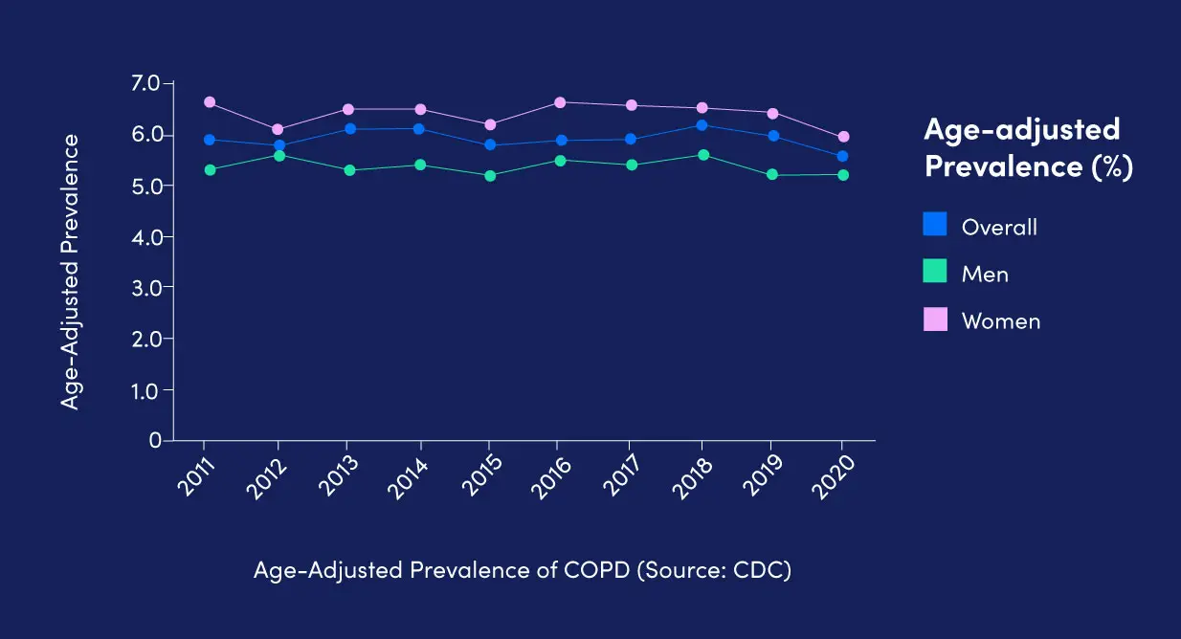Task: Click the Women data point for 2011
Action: [209, 102]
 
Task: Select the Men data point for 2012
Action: [279, 155]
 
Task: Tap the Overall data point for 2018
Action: [702, 125]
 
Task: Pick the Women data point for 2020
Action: [843, 137]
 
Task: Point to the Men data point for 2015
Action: [490, 176]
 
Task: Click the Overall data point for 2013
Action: [349, 128]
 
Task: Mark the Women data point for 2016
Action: [560, 102]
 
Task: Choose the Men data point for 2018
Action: [702, 155]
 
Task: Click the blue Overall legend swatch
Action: [935, 225]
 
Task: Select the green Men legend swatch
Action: [935, 272]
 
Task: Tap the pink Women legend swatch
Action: [935, 319]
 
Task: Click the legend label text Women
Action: [1000, 321]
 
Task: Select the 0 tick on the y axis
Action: [154, 441]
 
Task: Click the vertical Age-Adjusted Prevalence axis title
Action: [70, 272]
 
